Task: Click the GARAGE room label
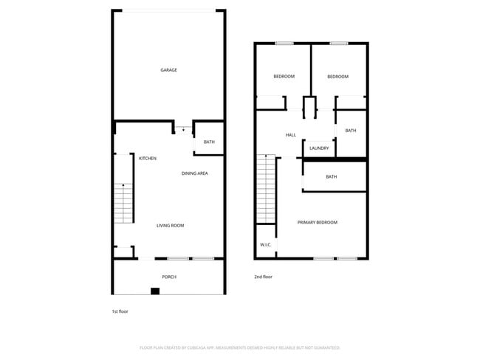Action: point(168,70)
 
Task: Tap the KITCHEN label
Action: point(148,158)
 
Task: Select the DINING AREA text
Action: point(195,173)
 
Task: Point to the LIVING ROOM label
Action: point(170,226)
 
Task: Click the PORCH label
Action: point(169,277)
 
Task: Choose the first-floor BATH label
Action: point(209,142)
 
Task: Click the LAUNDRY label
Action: point(319,148)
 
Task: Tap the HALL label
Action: point(291,135)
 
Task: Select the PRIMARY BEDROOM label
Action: point(318,222)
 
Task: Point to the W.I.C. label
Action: point(265,244)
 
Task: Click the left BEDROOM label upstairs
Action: point(284,77)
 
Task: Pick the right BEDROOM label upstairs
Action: point(337,77)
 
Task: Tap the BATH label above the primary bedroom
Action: point(332,176)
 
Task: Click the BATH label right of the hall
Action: point(350,131)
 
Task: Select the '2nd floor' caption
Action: point(264,277)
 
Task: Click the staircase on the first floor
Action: point(123,203)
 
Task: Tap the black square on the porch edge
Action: point(154,291)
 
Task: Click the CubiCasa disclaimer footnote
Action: point(239,347)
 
